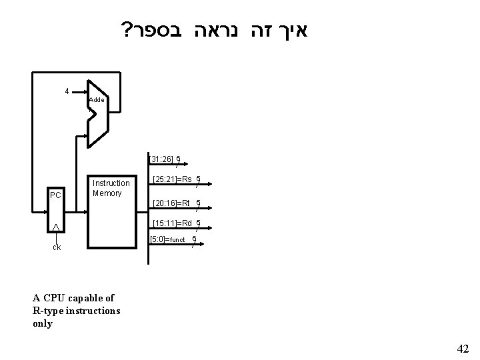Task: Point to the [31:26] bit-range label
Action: point(161,159)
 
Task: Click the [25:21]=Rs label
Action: point(172,179)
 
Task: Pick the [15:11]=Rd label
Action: point(172,223)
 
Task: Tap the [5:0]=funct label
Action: point(169,239)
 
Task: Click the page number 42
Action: point(463,349)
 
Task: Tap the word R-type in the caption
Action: point(49,311)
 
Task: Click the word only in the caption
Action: point(42,323)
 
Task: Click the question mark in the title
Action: point(124,31)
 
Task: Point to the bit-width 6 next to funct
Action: point(194,238)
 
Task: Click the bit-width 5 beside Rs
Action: point(199,179)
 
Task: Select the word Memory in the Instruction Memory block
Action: point(107,193)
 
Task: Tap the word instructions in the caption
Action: point(93,311)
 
